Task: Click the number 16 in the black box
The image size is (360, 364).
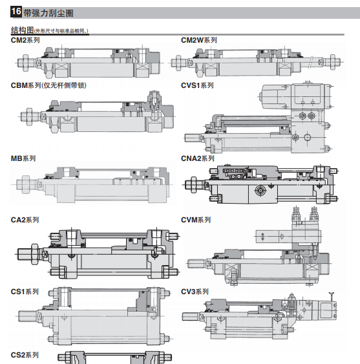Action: pos(16,12)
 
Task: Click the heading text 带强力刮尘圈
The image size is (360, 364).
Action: pos(48,13)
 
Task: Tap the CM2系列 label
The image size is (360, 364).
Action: pos(25,40)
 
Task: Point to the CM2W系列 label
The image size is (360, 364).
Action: pos(199,40)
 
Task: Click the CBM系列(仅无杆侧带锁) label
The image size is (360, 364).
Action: pos(48,85)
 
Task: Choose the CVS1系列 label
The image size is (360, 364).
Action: pos(197,85)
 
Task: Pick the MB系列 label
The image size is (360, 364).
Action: pos(23,158)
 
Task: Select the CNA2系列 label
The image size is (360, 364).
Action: pos(198,158)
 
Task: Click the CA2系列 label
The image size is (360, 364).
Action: pos(25,220)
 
